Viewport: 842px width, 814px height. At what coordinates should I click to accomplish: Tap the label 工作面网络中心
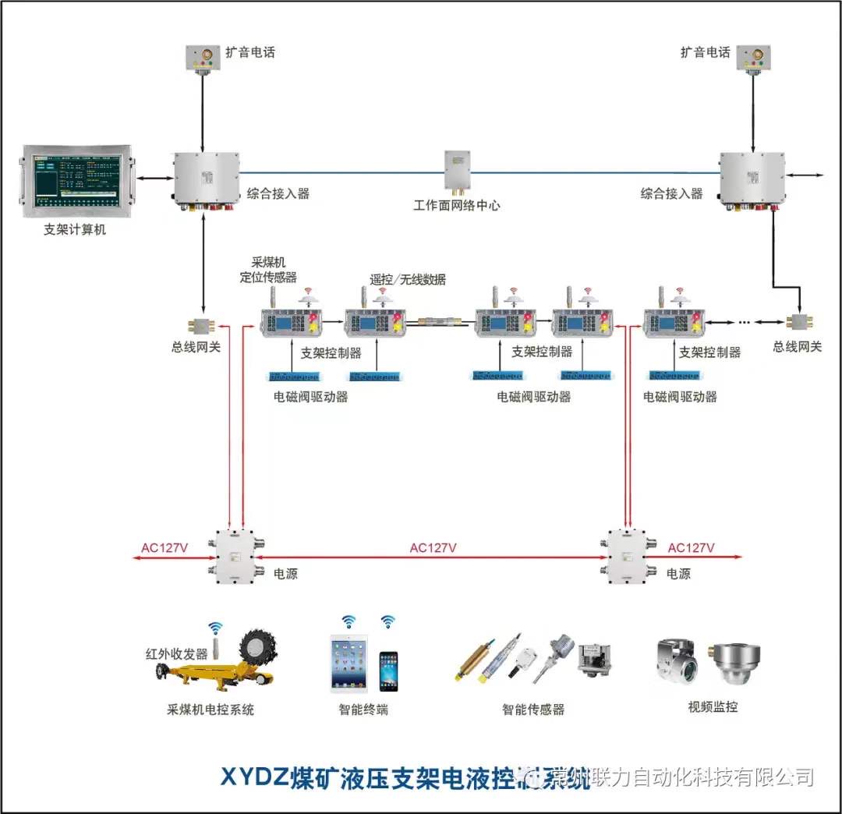(456, 206)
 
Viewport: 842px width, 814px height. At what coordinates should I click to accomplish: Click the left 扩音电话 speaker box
(203, 58)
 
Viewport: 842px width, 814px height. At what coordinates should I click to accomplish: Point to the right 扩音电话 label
(705, 52)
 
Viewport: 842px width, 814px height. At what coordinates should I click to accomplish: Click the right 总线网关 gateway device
(798, 322)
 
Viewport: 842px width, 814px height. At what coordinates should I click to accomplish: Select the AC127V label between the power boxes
(433, 547)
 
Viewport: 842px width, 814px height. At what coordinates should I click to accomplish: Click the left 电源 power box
(236, 558)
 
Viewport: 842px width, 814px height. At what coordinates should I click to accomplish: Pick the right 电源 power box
(630, 558)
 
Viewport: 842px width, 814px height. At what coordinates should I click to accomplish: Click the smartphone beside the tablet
(388, 671)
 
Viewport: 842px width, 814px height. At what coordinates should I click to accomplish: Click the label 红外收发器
(177, 653)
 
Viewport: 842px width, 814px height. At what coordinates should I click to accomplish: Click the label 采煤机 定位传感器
(268, 270)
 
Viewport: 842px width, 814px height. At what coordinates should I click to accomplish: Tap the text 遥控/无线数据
(408, 279)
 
